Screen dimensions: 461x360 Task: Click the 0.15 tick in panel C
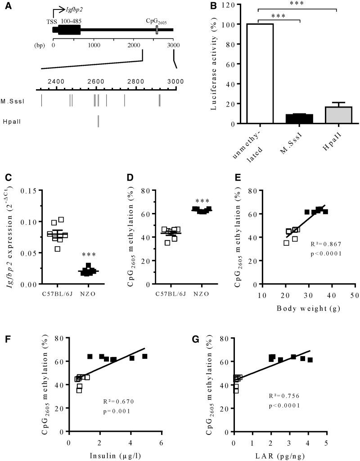point(29,190)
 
